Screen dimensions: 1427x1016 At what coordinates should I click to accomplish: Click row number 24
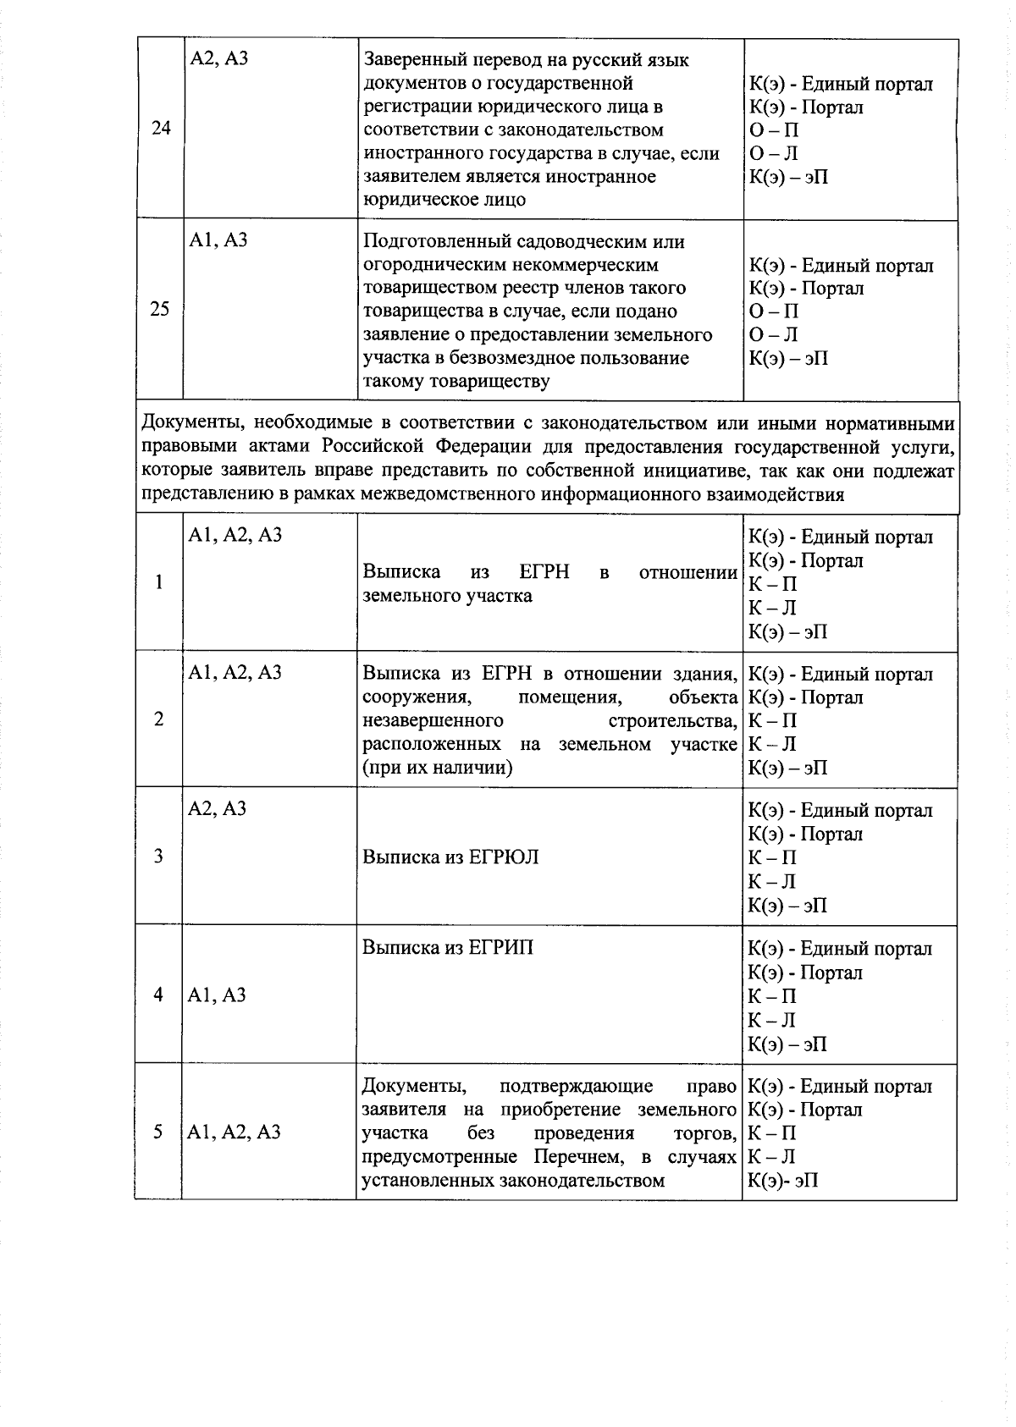161,129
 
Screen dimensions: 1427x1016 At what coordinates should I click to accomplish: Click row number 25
160,310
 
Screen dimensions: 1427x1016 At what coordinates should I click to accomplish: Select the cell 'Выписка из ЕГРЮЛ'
450,857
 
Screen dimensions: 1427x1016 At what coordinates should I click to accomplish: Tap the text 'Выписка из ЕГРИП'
448,948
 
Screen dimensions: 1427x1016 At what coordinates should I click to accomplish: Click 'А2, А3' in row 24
219,59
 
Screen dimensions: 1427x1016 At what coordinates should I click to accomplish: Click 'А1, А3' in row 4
218,995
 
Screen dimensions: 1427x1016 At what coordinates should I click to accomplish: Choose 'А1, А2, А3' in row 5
235,1132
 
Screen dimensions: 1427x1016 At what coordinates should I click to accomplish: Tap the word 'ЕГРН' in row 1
544,573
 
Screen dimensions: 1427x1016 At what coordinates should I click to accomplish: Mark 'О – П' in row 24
774,130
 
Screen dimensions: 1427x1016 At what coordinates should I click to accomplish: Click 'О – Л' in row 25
774,335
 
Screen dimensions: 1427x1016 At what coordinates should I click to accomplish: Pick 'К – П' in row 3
772,858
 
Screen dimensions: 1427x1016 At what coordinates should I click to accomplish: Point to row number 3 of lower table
159,857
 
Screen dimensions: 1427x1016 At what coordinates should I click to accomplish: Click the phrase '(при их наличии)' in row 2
437,769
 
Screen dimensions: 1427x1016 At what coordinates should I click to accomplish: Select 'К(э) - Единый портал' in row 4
840,949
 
